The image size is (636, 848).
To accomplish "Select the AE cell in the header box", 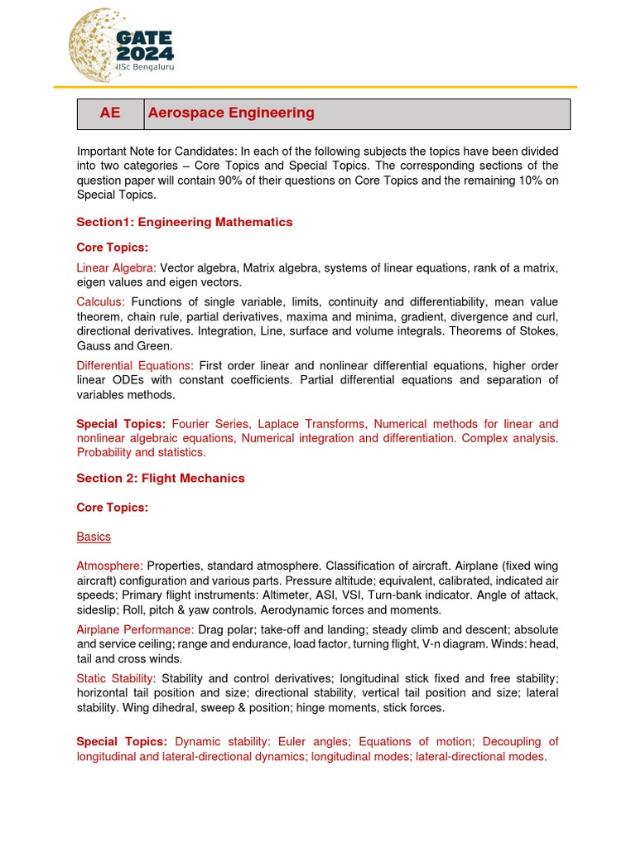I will pyautogui.click(x=110, y=113).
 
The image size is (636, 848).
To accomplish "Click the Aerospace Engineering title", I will pyautogui.click(x=230, y=113).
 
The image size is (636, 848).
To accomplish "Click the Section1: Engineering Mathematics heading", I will pyautogui.click(x=185, y=222).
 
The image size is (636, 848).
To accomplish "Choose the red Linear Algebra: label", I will pyautogui.click(x=116, y=267).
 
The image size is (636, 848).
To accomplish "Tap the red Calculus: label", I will pyautogui.click(x=101, y=301).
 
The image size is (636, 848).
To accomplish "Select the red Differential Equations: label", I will pyautogui.click(x=135, y=365).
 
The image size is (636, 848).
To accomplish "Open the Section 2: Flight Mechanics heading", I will pyautogui.click(x=161, y=478).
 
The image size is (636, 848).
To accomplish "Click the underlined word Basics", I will pyautogui.click(x=94, y=537).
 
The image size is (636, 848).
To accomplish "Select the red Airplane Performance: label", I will pyautogui.click(x=135, y=629).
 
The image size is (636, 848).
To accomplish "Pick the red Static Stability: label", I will pyautogui.click(x=116, y=677).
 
